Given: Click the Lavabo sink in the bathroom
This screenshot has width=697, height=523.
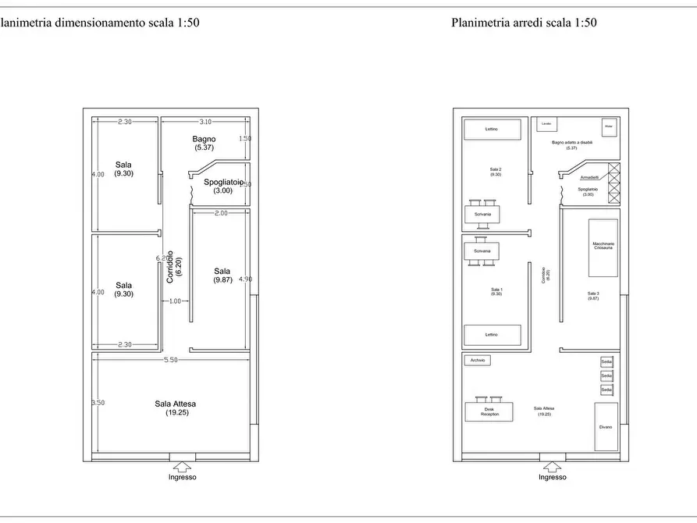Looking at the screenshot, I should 546,125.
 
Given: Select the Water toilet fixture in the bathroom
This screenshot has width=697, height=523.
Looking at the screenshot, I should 609,126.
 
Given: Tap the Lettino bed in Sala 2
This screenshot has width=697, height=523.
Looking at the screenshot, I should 492,129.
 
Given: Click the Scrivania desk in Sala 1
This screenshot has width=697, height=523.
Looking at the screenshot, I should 482,251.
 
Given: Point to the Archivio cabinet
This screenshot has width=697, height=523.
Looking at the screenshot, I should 478,361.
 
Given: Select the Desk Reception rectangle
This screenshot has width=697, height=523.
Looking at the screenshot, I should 489,411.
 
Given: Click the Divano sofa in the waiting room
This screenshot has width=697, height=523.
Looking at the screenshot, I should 606,426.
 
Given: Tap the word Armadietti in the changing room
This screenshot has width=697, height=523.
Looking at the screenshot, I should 590,177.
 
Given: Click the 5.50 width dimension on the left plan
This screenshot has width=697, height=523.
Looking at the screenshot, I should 170,360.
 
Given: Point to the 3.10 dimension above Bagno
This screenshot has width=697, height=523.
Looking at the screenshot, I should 205,122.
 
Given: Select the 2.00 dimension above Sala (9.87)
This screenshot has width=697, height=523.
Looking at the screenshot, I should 221,213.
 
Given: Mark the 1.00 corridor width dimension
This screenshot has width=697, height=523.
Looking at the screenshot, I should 174,301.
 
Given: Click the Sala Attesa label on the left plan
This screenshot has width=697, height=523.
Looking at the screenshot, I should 175,404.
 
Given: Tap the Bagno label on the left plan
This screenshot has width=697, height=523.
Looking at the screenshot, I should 204,139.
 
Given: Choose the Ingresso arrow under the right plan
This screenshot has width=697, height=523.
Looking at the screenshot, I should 553,467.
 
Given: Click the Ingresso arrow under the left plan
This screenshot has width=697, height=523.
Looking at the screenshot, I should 183,467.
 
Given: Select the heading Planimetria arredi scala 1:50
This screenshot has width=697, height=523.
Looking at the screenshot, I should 524,23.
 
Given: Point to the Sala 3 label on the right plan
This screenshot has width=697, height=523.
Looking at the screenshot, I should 593,294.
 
